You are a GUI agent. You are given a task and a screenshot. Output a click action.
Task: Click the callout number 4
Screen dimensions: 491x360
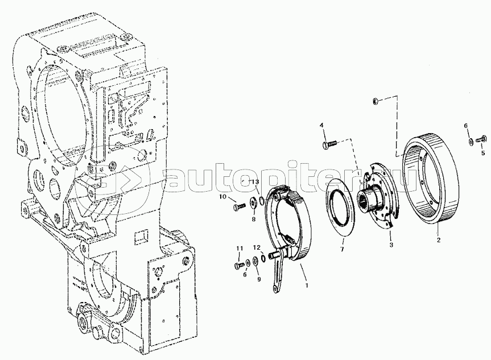click(321, 125)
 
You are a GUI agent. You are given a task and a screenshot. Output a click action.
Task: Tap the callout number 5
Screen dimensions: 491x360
click(483, 153)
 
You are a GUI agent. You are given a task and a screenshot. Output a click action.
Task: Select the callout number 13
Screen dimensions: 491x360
click(255, 181)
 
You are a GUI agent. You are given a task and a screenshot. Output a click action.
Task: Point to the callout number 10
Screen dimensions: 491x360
click(222, 197)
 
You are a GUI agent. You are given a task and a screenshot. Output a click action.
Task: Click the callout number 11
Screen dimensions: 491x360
click(240, 248)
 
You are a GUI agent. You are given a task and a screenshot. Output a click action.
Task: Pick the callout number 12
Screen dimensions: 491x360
click(257, 247)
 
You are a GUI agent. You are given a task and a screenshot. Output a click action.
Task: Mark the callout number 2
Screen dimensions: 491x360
click(439, 240)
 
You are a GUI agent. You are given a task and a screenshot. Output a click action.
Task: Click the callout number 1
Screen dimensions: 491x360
click(307, 285)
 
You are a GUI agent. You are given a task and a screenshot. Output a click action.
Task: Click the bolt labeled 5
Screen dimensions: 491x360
click(480, 139)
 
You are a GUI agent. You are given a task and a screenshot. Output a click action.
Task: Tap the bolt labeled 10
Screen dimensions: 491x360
click(240, 206)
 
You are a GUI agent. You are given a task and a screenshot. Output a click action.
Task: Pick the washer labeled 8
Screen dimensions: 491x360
click(253, 203)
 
